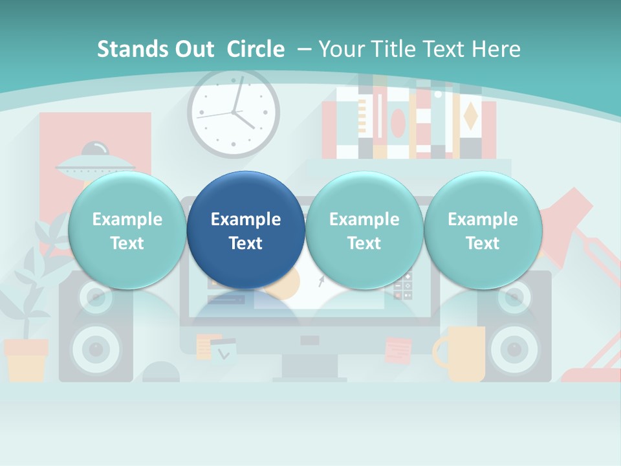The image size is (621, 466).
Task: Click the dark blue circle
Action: [246, 230]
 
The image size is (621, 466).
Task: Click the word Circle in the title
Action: [256, 49]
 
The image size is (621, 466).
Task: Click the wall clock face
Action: [234, 113]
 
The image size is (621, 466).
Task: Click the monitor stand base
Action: [309, 378]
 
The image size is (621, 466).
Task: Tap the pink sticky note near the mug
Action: [397, 350]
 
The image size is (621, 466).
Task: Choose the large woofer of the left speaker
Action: [96, 350]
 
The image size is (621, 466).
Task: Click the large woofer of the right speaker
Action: [515, 350]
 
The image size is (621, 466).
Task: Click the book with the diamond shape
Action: [470, 116]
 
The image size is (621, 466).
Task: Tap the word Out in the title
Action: [193, 49]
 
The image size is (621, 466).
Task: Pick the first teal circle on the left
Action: [127, 230]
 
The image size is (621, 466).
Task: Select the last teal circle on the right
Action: [483, 230]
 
